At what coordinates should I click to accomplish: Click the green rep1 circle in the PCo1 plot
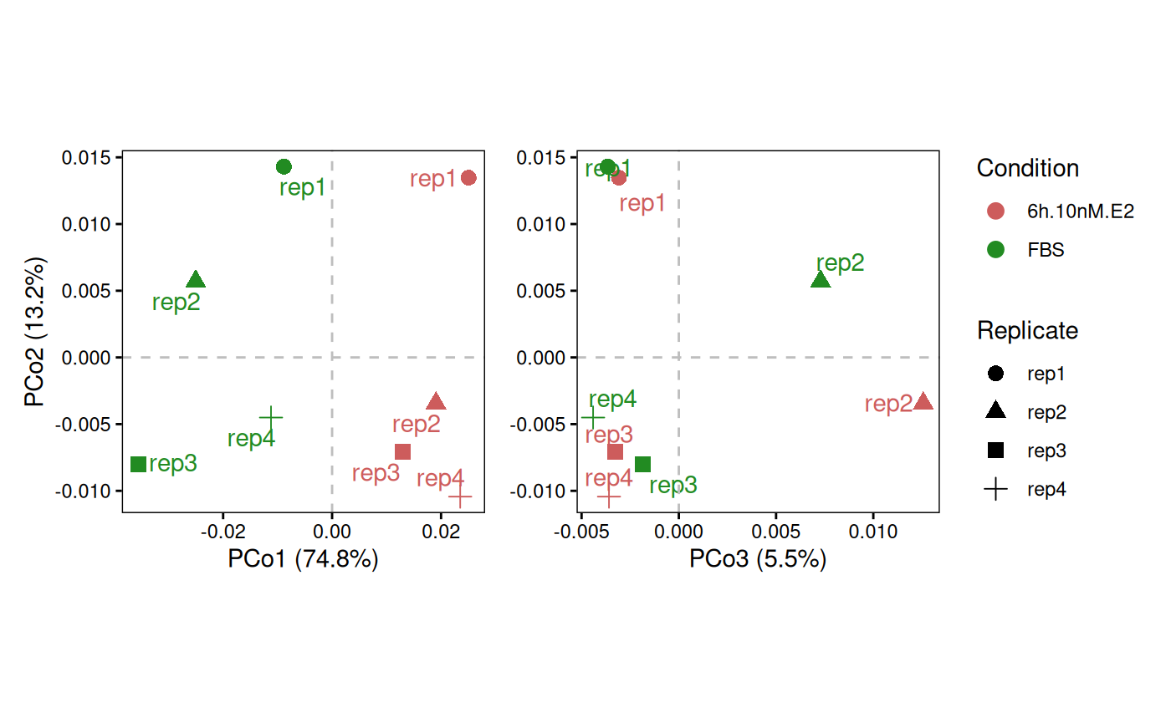[x=284, y=166]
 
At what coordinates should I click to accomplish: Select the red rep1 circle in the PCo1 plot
[x=468, y=177]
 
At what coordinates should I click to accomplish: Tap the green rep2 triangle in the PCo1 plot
[x=196, y=279]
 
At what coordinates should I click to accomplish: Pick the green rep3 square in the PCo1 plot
[x=139, y=464]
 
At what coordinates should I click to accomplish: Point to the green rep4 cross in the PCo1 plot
[x=271, y=417]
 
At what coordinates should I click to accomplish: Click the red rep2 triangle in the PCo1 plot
[x=436, y=401]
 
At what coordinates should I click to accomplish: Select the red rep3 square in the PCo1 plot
[x=402, y=451]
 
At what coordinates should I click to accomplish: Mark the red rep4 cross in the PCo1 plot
[x=460, y=496]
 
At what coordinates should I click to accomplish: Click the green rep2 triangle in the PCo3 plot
[x=821, y=280]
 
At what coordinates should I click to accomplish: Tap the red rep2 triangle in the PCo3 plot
[x=923, y=401]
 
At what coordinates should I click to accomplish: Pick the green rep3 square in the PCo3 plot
[x=642, y=464]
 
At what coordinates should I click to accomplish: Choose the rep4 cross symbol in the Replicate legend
[x=996, y=489]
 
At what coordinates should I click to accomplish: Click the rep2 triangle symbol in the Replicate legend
[x=996, y=410]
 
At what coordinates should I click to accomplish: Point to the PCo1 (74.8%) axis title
[x=303, y=559]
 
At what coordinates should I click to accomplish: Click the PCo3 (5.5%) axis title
[x=758, y=559]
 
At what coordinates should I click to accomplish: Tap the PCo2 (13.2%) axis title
[x=34, y=332]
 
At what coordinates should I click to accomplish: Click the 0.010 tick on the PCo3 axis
[x=873, y=532]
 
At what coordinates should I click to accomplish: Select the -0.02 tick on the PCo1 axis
[x=223, y=532]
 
